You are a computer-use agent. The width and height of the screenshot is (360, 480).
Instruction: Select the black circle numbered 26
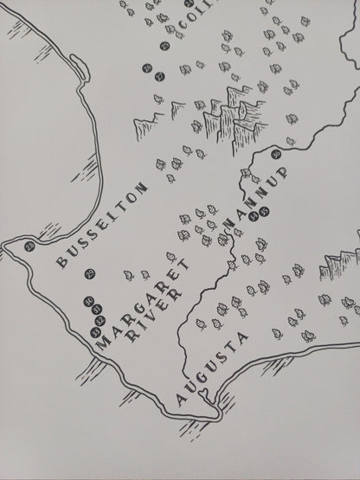pyautogui.click(x=148, y=67)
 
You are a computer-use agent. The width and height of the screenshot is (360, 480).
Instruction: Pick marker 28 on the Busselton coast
pyautogui.click(x=30, y=247)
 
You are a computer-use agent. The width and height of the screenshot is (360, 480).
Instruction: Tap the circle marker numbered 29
pyautogui.click(x=90, y=276)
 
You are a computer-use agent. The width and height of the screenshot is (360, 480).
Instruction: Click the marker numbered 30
pyautogui.click(x=90, y=300)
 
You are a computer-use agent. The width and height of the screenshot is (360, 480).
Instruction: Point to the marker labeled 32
pyautogui.click(x=102, y=320)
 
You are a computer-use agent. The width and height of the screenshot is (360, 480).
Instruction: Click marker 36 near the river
pyautogui.click(x=276, y=156)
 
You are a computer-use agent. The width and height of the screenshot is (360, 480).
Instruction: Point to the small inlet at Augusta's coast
pyautogui.click(x=205, y=394)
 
